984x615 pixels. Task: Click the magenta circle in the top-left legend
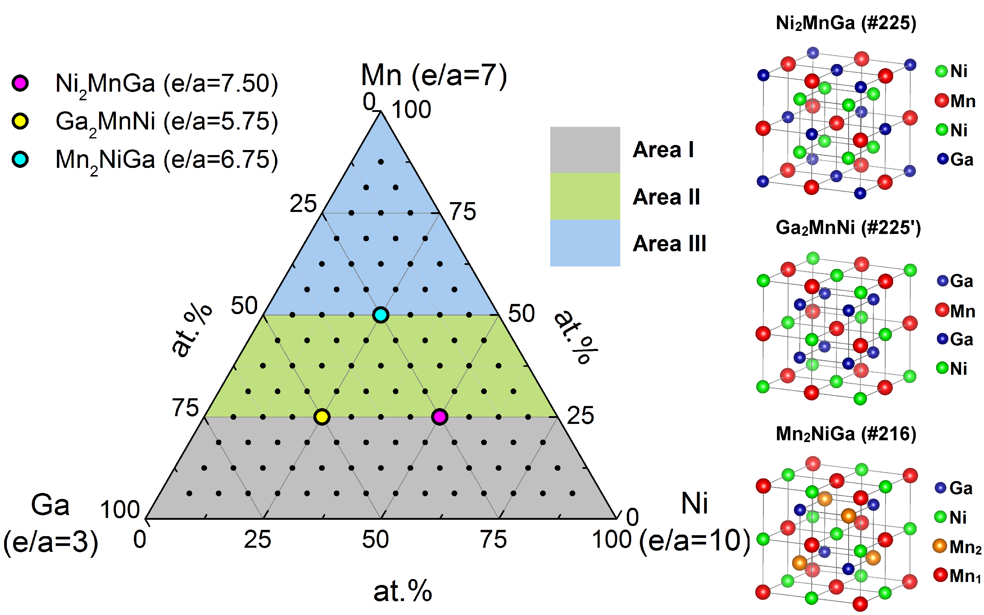[20, 83]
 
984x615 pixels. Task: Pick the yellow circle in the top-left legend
[20, 121]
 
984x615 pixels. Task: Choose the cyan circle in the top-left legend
[20, 159]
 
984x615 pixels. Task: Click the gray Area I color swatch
[585, 150]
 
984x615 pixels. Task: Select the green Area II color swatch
[585, 196]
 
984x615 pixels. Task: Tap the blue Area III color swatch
[585, 243]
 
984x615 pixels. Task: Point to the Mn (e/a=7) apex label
[434, 75]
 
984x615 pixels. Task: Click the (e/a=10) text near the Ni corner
[694, 541]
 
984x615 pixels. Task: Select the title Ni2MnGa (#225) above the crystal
[846, 23]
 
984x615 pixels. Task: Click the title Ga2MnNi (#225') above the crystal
[848, 228]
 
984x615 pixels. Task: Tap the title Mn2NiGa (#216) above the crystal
[846, 434]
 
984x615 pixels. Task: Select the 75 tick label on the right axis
[462, 212]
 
